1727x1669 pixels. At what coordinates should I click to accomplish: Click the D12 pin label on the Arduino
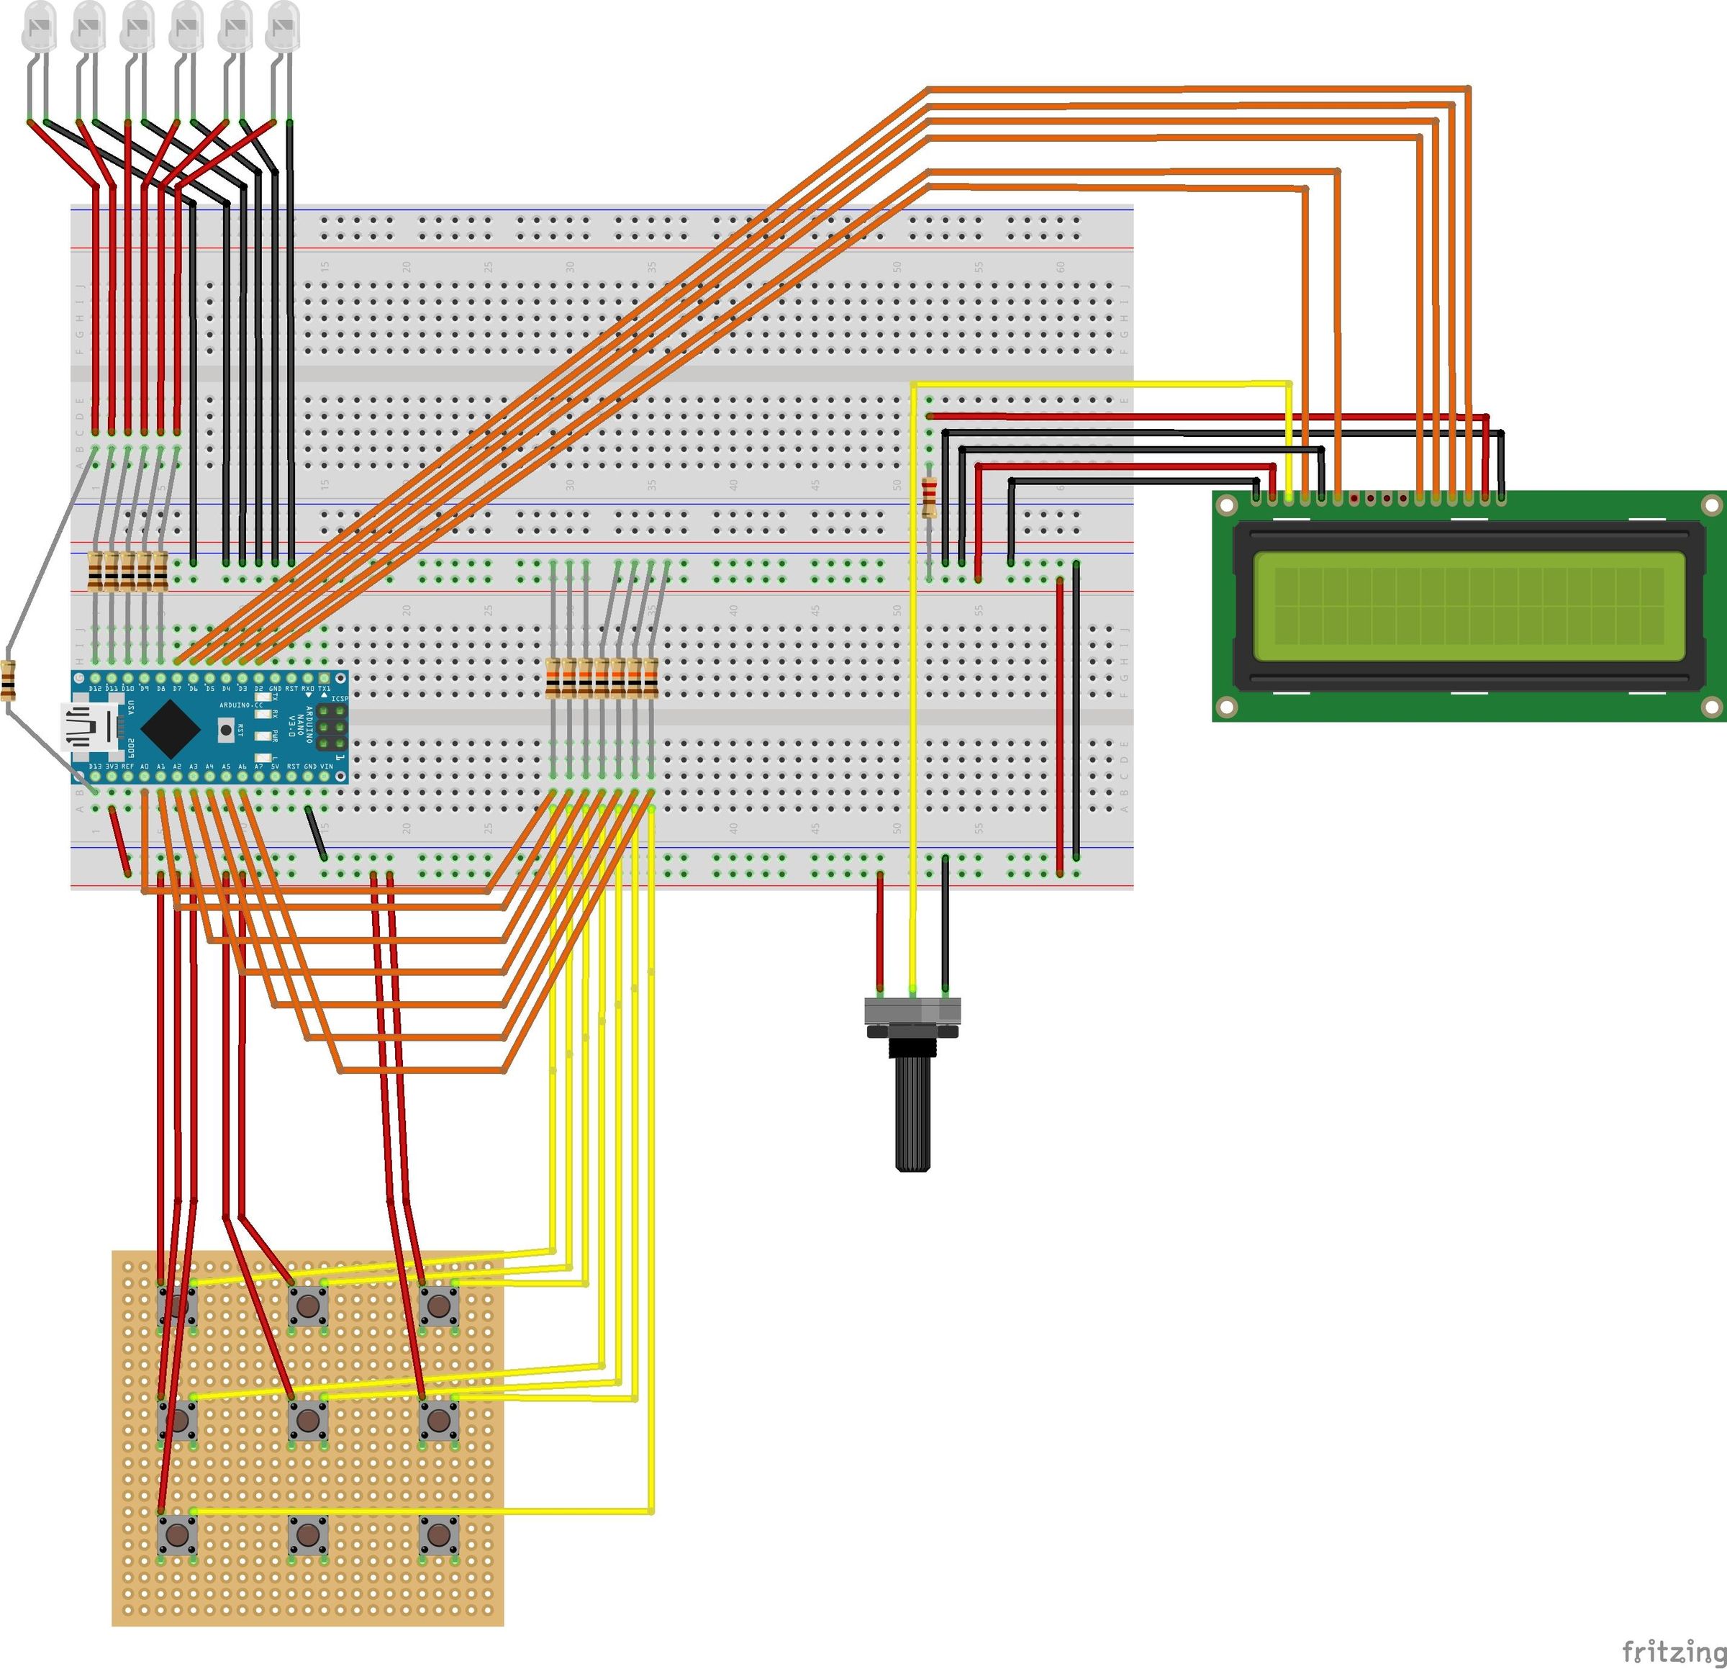tap(95, 687)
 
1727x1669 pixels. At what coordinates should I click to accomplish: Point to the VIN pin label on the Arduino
tap(326, 766)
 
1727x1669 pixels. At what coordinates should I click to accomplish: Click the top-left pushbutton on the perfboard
tap(177, 1306)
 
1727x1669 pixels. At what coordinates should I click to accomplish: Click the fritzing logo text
tap(1672, 1650)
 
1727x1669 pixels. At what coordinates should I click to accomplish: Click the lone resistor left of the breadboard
tap(9, 679)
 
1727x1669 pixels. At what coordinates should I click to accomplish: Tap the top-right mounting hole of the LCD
tap(1710, 506)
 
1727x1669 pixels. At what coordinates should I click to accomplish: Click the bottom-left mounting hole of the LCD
tap(1225, 707)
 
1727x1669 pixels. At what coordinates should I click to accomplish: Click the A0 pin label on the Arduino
tap(145, 766)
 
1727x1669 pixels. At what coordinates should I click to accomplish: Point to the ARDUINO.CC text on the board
tap(240, 706)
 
